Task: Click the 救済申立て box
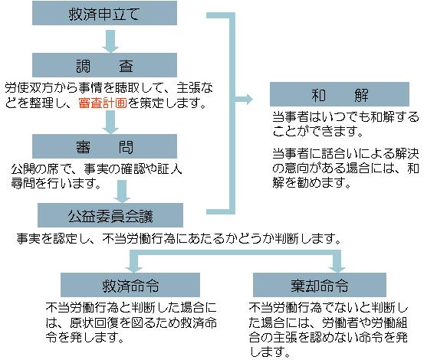pyautogui.click(x=104, y=13)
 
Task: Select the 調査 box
pyautogui.click(x=104, y=65)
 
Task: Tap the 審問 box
pyautogui.click(x=104, y=146)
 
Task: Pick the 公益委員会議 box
pyautogui.click(x=110, y=215)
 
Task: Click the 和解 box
pyautogui.click(x=340, y=94)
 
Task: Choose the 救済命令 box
pyautogui.click(x=130, y=285)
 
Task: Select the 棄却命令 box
pyautogui.click(x=320, y=285)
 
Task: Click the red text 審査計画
pyautogui.click(x=103, y=103)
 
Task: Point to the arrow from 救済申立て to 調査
pyautogui.click(x=110, y=41)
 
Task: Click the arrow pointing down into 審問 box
pyautogui.click(x=110, y=122)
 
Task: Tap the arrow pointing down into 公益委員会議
pyautogui.click(x=122, y=191)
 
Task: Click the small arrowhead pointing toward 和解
pyautogui.click(x=248, y=99)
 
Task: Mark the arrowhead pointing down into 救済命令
pyautogui.click(x=133, y=269)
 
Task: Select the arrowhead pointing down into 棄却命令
pyautogui.click(x=337, y=269)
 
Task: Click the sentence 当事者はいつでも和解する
pyautogui.click(x=346, y=117)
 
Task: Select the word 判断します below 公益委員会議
pyautogui.click(x=308, y=239)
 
